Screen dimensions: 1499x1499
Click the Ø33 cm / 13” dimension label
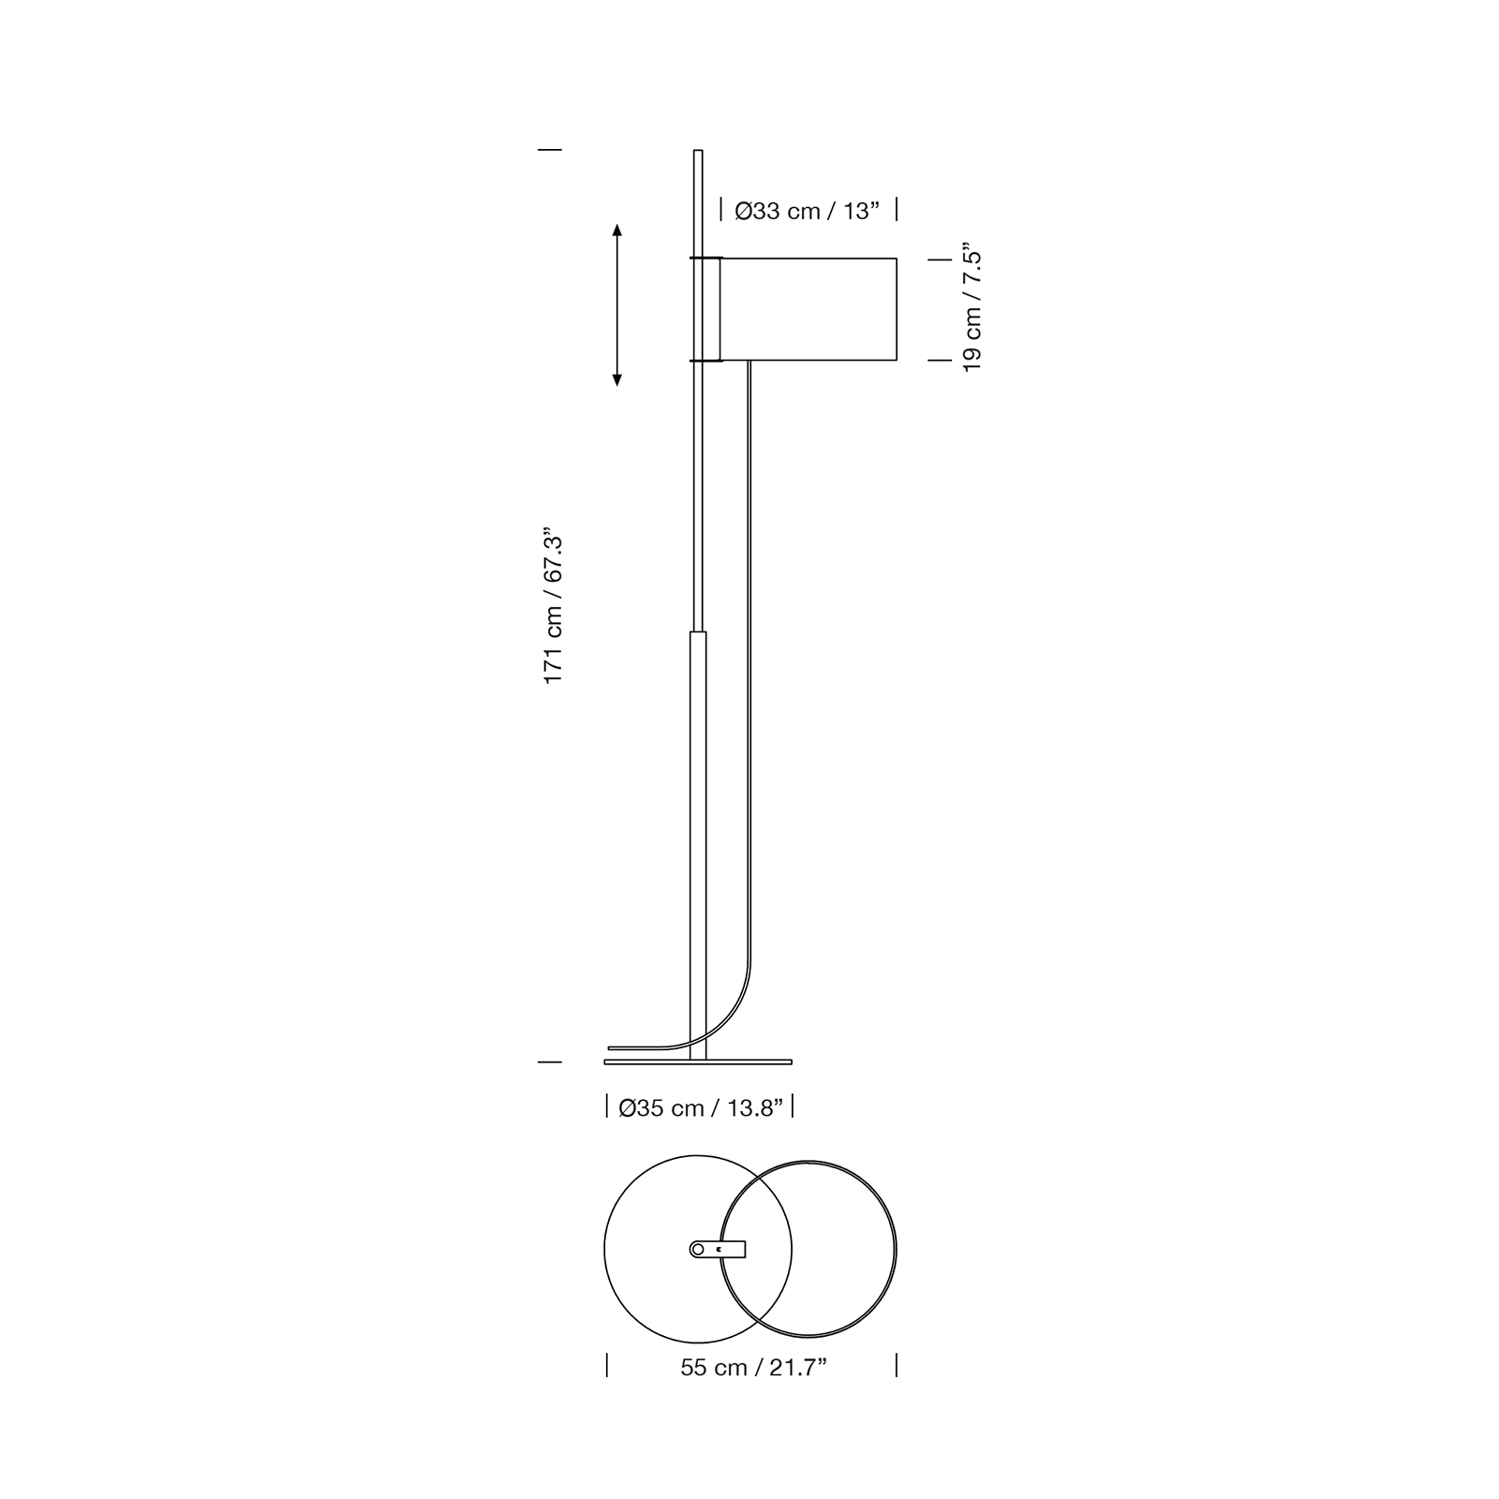[808, 211]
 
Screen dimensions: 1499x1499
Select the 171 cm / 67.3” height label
[554, 604]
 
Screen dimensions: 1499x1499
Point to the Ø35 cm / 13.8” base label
[700, 1108]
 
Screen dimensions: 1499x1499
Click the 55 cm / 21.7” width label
[753, 1368]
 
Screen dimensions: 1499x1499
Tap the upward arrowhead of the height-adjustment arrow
[616, 230]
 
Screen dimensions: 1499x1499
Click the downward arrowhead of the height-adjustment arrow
[616, 379]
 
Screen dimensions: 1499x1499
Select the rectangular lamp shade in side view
[809, 309]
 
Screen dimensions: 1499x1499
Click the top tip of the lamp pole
[697, 151]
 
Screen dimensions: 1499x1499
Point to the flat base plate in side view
[698, 1062]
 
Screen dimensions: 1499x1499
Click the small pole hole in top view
[697, 1249]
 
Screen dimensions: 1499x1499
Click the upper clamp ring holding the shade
[705, 258]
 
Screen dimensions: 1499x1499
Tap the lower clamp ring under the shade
[705, 360]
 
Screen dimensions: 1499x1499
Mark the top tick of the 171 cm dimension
[550, 149]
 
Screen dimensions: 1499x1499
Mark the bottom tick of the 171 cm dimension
[550, 1061]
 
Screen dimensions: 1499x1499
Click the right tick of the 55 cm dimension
[897, 1365]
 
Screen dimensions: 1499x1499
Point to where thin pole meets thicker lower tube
[697, 632]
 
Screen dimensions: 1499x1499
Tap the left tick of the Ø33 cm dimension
[720, 210]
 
